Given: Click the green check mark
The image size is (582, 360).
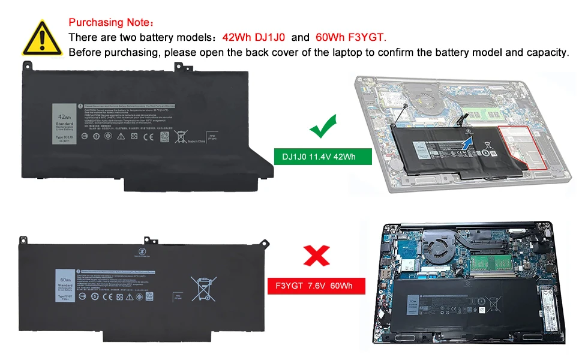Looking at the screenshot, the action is [323, 128].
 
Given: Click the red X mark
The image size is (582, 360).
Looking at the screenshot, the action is [316, 256].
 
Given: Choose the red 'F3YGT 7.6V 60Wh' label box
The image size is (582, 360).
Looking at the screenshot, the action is [316, 286].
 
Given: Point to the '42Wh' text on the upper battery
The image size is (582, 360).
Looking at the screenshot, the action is [64, 118].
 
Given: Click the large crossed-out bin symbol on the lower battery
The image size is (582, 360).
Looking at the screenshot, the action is [203, 288].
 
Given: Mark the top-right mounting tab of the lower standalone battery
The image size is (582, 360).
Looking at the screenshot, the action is [263, 242].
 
